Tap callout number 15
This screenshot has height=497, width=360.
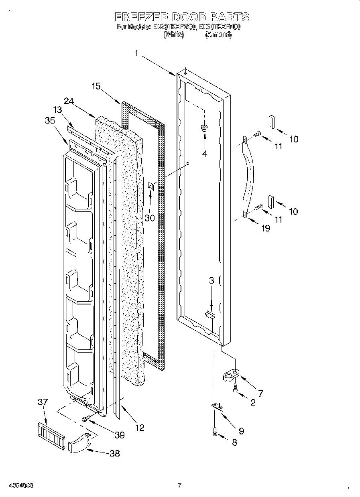click(x=96, y=86)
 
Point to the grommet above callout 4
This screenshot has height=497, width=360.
click(x=204, y=128)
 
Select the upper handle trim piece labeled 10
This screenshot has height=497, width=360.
click(x=271, y=122)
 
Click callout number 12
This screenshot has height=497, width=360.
click(x=139, y=428)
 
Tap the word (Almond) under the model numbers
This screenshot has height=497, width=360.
click(x=218, y=35)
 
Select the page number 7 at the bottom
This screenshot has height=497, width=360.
click(x=179, y=485)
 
